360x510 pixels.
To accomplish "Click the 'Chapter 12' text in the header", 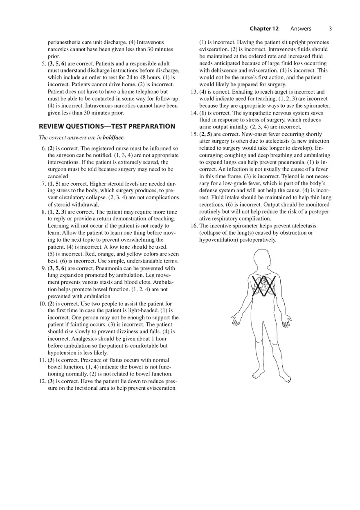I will [264, 29].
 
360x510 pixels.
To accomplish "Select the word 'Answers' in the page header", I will [301, 29].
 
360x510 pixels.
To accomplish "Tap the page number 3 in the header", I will [330, 29].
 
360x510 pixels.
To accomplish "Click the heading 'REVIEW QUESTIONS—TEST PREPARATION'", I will [107, 126].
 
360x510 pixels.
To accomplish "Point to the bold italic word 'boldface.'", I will [114, 138].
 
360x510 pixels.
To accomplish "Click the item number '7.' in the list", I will [43, 184].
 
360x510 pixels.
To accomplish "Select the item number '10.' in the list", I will [42, 304].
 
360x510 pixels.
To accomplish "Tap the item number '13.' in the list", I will [194, 92].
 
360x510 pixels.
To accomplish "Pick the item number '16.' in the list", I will [194, 226].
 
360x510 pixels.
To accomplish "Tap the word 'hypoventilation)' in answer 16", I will [218, 240].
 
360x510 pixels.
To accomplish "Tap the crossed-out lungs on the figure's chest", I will [263, 286].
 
